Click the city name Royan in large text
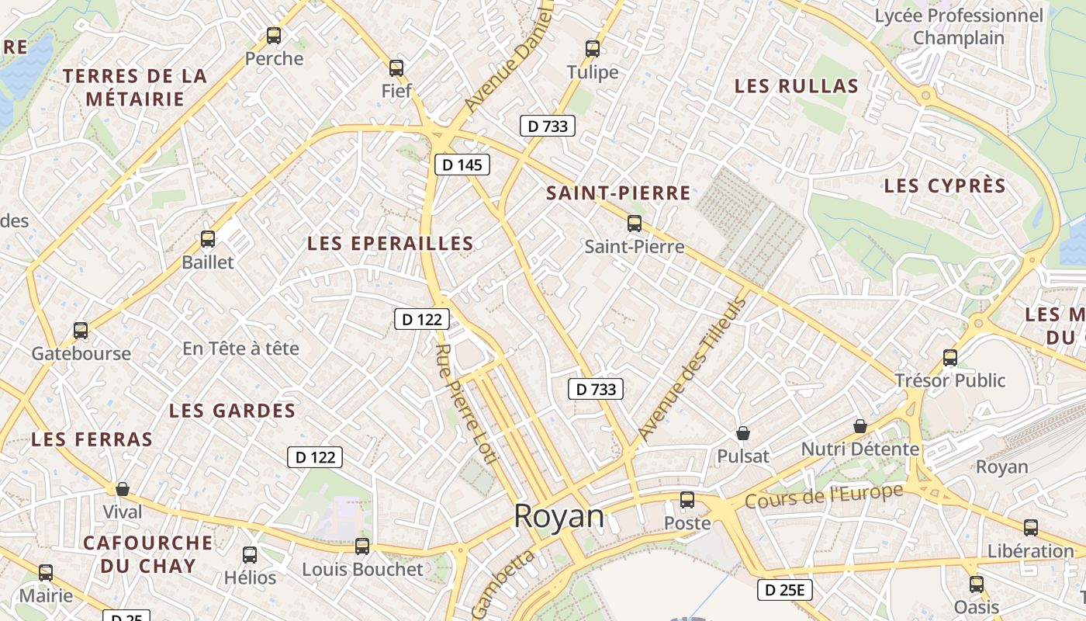(x=559, y=516)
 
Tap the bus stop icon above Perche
(x=274, y=35)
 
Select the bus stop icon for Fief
(x=396, y=68)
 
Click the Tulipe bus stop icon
(x=593, y=49)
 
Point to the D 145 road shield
(x=462, y=165)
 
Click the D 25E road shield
(x=784, y=590)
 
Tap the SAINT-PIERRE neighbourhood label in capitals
(x=618, y=193)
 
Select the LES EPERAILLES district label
(x=390, y=243)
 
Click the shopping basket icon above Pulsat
(x=743, y=433)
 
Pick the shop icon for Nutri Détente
(x=859, y=426)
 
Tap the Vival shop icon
(x=122, y=489)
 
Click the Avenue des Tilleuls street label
(x=690, y=369)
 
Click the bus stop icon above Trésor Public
(x=950, y=357)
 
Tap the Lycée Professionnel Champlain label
(x=959, y=26)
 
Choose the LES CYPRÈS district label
(x=944, y=186)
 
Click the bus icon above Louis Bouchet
(x=362, y=546)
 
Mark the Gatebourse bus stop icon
(x=81, y=331)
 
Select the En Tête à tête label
(x=240, y=349)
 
